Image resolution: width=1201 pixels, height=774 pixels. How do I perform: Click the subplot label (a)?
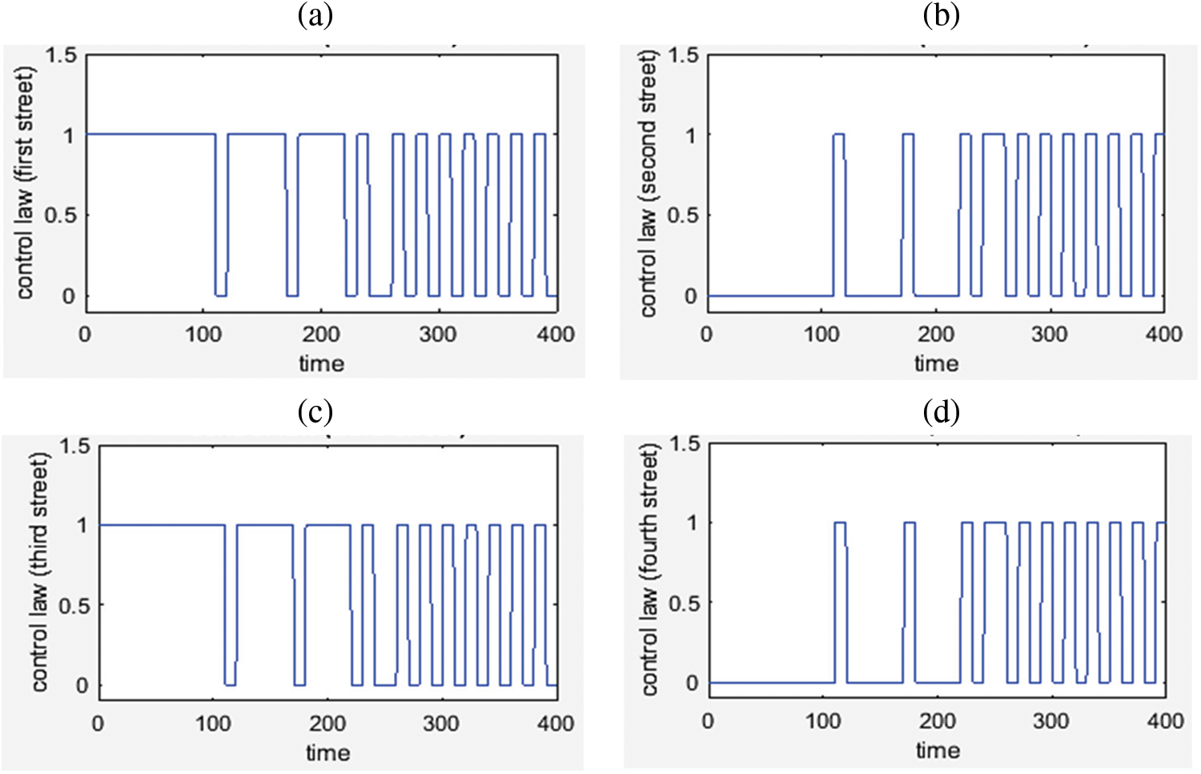(315, 16)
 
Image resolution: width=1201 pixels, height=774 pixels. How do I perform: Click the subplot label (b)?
(941, 16)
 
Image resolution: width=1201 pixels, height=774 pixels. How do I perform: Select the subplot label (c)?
(315, 411)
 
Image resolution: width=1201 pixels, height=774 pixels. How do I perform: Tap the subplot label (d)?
(941, 411)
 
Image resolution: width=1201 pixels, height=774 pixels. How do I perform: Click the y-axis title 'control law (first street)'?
(25, 182)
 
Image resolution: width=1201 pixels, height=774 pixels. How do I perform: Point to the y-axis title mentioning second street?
(648, 182)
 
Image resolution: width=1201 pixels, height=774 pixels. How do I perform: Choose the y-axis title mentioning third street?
(39, 571)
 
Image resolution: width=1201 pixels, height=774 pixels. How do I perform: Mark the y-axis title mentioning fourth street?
(649, 570)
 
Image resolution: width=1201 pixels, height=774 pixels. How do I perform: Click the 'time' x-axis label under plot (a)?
(322, 363)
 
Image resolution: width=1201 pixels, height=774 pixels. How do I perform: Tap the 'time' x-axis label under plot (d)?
(938, 751)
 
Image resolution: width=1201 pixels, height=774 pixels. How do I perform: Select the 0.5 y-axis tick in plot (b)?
(683, 216)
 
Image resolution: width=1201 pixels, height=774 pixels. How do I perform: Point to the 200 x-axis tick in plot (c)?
(327, 724)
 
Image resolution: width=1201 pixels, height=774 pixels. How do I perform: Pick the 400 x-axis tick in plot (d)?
(1164, 721)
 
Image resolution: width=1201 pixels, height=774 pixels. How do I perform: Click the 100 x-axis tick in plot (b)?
(821, 334)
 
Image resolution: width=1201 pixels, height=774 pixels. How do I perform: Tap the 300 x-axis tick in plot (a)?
(438, 334)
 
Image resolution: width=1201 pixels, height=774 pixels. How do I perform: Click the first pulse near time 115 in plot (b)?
(838, 134)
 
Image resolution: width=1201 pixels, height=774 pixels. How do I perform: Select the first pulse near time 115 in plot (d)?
(840, 523)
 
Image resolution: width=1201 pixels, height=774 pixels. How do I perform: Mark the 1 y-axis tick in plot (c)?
(82, 526)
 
